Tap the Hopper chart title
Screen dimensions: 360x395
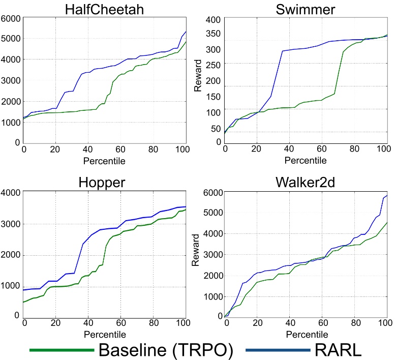click(x=104, y=182)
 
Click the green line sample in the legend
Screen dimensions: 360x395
click(x=62, y=350)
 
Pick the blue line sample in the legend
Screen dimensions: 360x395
click(x=277, y=350)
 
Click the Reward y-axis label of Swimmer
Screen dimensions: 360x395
click(x=198, y=76)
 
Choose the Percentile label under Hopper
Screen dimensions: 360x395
click(x=104, y=334)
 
